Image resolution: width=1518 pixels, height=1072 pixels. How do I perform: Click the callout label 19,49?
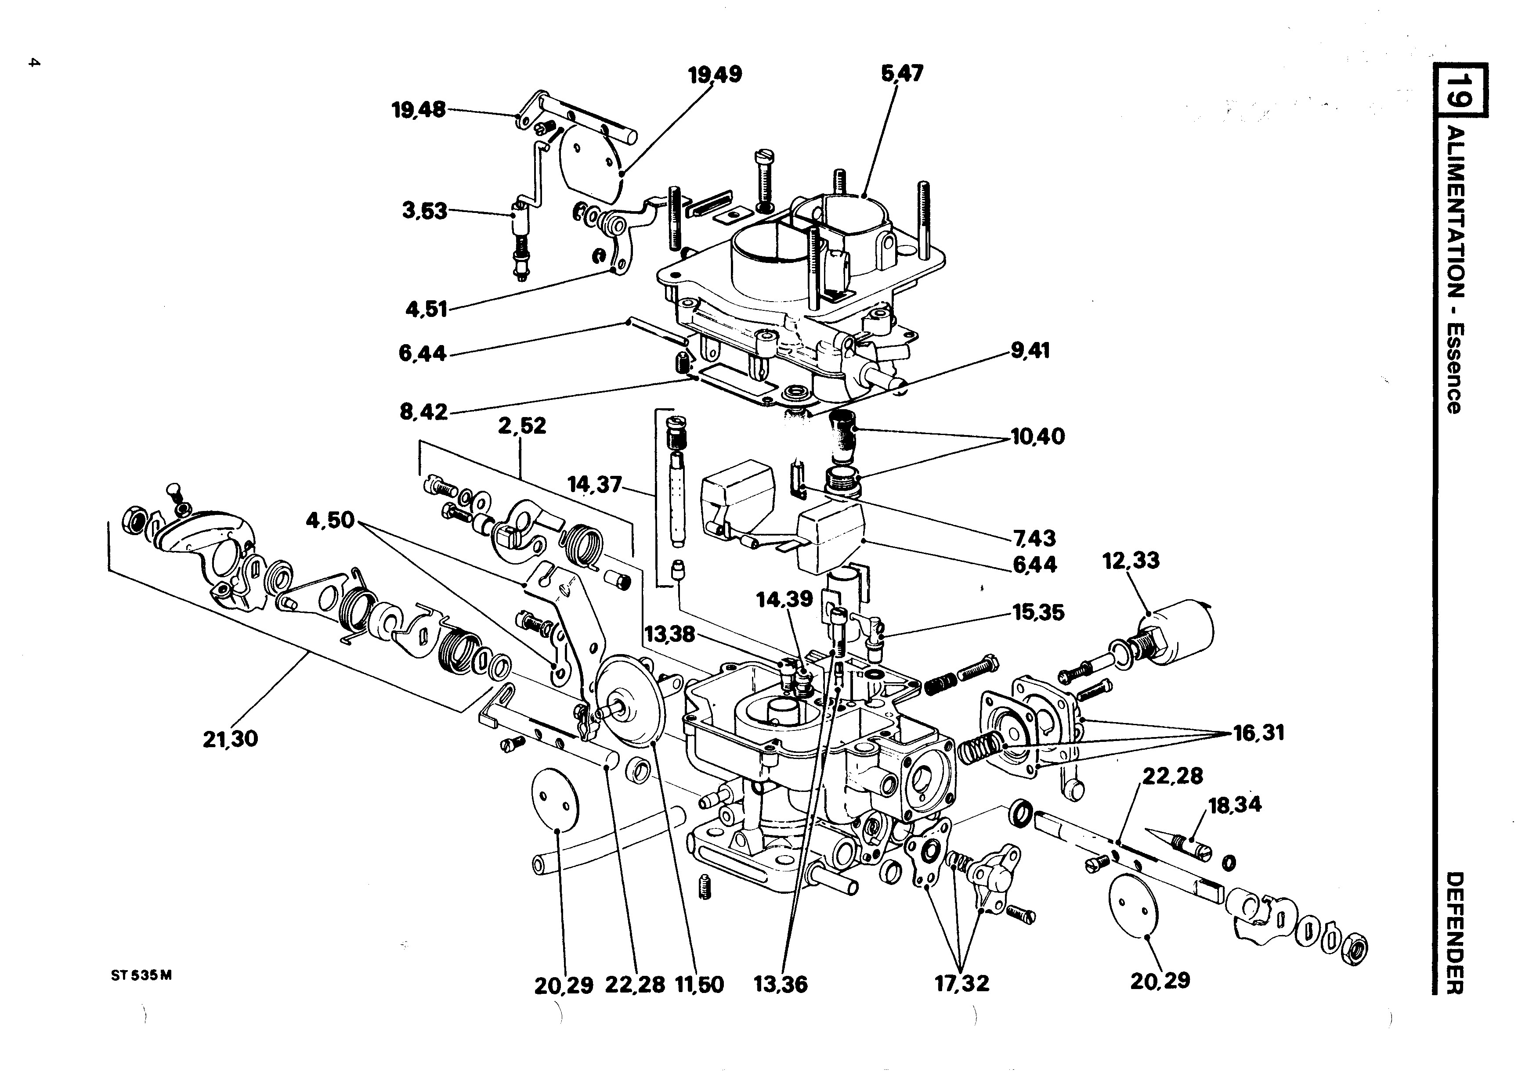pos(715,75)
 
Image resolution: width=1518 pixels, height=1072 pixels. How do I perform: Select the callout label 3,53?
pos(424,212)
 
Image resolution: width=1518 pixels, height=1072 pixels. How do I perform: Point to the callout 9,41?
pos(1030,350)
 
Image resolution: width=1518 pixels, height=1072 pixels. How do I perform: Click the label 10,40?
pos(1038,437)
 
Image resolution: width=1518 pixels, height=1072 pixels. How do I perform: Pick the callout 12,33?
pos(1131,561)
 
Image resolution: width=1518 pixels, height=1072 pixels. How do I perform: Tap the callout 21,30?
pos(230,739)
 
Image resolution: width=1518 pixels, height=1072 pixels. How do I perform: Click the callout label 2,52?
pos(522,426)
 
